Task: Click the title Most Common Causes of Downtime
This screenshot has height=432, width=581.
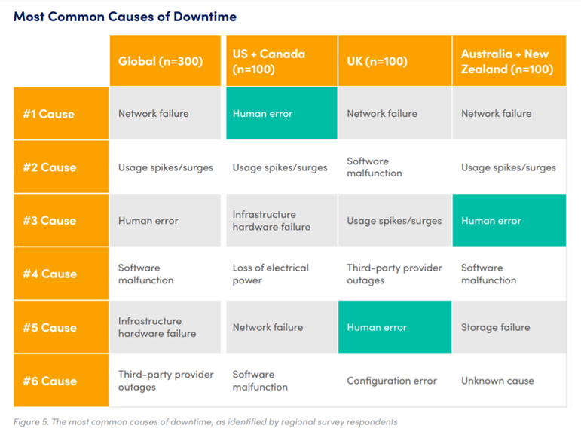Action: (x=125, y=17)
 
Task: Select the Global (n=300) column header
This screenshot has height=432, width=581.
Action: (x=165, y=61)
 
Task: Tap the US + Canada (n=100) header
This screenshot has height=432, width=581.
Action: (x=282, y=61)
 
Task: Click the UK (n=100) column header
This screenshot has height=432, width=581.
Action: (x=395, y=61)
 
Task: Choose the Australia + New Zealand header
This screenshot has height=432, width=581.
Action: (x=509, y=61)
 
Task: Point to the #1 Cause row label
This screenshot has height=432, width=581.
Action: (x=61, y=114)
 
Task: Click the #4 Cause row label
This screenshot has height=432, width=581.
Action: (x=61, y=274)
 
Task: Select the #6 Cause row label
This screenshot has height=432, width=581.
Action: (x=61, y=381)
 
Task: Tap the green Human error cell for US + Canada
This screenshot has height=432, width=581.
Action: (x=282, y=114)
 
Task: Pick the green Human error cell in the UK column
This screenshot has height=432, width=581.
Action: (x=395, y=327)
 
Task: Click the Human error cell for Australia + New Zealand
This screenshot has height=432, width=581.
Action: (x=509, y=220)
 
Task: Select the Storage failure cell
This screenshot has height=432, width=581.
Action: (x=509, y=327)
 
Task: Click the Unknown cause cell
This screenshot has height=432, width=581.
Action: (x=509, y=381)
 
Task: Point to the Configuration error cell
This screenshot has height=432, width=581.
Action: (x=395, y=381)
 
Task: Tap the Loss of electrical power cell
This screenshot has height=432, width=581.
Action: (x=282, y=274)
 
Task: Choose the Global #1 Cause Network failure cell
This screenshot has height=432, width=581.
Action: (x=165, y=114)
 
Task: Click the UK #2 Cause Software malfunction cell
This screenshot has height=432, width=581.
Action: (x=395, y=167)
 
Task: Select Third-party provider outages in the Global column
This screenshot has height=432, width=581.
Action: (x=165, y=381)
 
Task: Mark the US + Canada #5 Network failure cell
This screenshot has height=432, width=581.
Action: (x=282, y=327)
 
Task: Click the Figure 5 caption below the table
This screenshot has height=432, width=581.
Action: (x=206, y=422)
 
